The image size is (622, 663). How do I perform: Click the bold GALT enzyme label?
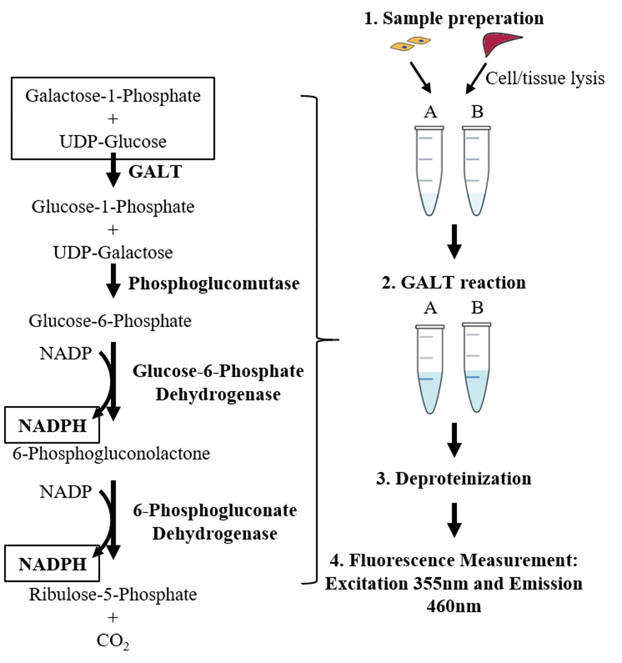point(155,172)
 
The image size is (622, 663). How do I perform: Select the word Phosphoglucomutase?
point(214,284)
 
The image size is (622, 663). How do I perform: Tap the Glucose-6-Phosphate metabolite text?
point(110,321)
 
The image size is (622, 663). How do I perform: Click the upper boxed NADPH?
point(52,425)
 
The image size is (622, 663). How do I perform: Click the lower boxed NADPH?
point(52,564)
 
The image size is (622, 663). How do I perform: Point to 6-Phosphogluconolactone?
point(111,454)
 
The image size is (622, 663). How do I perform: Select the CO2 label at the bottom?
point(112,641)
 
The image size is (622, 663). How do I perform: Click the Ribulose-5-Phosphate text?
point(113,595)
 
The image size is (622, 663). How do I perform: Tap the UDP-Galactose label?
point(113,253)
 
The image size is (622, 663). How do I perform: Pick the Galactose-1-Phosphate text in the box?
point(113,96)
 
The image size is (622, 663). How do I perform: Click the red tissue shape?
point(500,43)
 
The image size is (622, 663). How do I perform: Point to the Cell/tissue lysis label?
point(545,78)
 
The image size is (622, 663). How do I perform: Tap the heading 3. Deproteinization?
point(454,478)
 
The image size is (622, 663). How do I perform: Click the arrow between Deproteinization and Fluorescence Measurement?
point(454,520)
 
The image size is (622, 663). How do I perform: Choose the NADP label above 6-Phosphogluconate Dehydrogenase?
point(66,492)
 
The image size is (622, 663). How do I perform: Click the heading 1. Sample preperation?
point(454,18)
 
